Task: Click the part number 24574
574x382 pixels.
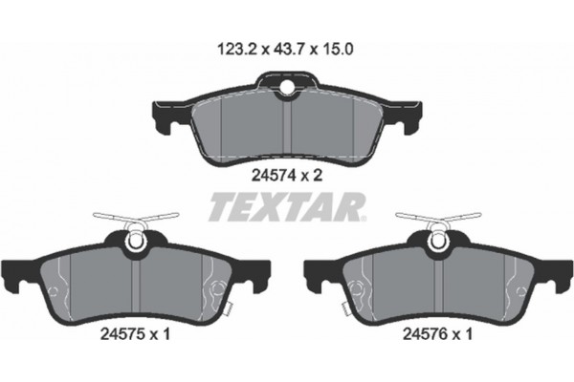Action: pos(271,175)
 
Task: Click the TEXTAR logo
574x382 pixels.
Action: pos(286,204)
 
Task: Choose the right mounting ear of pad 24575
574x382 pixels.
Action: pos(260,277)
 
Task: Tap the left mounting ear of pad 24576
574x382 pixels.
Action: pos(313,277)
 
